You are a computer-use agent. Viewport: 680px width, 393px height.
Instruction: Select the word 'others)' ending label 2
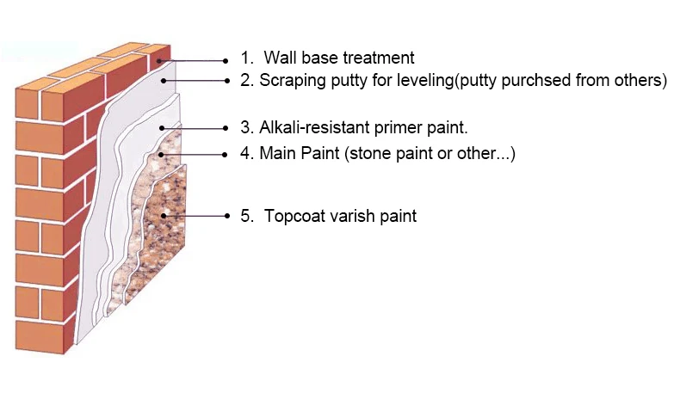point(640,82)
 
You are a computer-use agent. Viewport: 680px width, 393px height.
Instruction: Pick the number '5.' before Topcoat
point(247,216)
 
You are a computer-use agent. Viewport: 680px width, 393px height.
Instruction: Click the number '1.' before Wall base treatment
point(247,58)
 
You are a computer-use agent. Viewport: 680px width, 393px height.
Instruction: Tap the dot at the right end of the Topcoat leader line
point(226,215)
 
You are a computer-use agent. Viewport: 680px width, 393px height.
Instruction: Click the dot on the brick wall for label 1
point(161,60)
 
